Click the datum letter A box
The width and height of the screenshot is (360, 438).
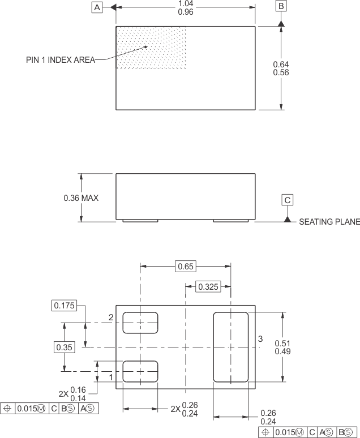point(97,7)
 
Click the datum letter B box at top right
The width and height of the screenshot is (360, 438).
point(281,6)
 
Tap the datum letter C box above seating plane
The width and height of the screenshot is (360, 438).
point(288,200)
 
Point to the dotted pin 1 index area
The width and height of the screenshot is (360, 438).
point(151,48)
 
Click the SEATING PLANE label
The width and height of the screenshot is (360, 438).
point(329,222)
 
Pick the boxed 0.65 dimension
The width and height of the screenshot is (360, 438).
point(185,266)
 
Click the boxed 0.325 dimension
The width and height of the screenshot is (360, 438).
point(208,287)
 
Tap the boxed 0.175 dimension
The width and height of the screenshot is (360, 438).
point(64,306)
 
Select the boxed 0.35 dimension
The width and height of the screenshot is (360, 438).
point(64,347)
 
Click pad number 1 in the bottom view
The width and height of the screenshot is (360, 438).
point(140,371)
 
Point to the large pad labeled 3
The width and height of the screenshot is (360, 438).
point(230,346)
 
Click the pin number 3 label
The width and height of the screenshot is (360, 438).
point(260,338)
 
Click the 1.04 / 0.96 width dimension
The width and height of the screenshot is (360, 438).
point(185,8)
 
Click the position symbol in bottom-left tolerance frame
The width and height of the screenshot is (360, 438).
point(7,408)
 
